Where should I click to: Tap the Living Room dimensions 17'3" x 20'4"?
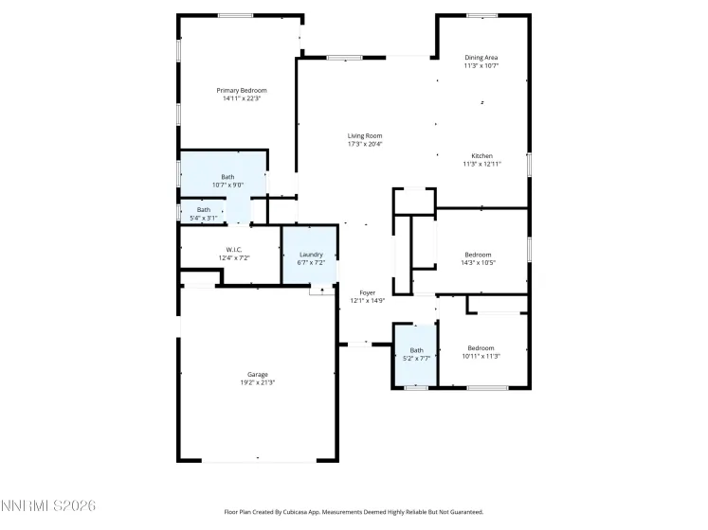click(x=365, y=145)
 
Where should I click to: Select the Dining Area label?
click(x=481, y=57)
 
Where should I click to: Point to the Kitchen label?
click(x=481, y=155)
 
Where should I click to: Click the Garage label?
click(x=258, y=374)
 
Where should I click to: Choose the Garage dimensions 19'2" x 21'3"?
click(x=258, y=383)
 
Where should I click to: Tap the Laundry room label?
click(x=311, y=254)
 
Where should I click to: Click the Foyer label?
click(x=368, y=292)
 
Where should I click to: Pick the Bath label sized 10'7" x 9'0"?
click(x=227, y=176)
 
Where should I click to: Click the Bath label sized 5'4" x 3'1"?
click(x=204, y=209)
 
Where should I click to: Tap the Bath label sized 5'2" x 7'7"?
click(x=417, y=350)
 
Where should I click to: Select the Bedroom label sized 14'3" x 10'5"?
click(x=478, y=254)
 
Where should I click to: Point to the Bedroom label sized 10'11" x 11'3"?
click(x=481, y=347)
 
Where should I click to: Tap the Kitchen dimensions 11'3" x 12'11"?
click(x=481, y=164)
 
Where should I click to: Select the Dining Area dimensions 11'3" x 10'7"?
click(x=481, y=66)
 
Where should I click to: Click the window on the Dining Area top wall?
click(x=481, y=15)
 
